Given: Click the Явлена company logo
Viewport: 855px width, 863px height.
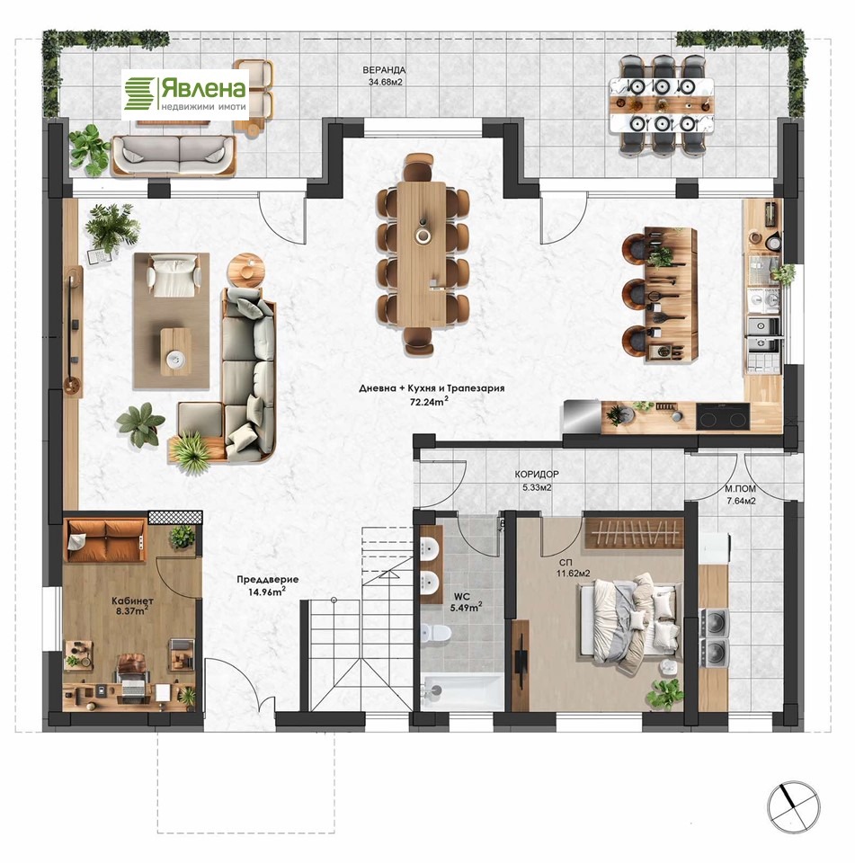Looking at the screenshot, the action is [185, 93].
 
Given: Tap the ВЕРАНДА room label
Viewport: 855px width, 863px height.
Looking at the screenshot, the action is [384, 70].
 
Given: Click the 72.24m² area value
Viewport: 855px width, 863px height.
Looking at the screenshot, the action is [428, 401].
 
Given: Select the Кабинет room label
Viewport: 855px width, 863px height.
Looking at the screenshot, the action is [133, 601].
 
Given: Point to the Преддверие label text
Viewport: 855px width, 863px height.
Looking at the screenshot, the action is [268, 579].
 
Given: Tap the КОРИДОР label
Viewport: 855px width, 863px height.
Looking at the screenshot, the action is [537, 474].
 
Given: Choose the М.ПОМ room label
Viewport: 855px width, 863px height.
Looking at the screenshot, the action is [740, 489].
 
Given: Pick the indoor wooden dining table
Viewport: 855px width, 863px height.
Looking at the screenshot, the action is [423, 254].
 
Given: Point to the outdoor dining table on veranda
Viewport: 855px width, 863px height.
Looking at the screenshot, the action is [662, 104].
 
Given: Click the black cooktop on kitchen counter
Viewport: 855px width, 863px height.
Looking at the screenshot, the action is [722, 416].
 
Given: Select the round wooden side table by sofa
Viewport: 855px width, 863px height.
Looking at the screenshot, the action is [245, 269].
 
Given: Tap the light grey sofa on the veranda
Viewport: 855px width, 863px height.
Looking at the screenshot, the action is [174, 155].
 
